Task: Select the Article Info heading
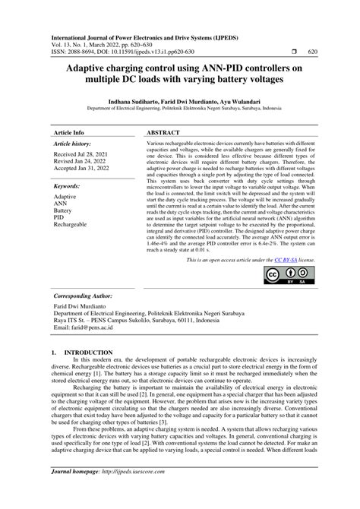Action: click(x=68, y=131)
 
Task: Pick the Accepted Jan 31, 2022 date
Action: click(x=87, y=169)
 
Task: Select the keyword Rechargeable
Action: click(x=70, y=225)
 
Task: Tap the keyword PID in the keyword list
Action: click(x=59, y=217)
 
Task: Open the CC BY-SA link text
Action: click(x=285, y=260)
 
